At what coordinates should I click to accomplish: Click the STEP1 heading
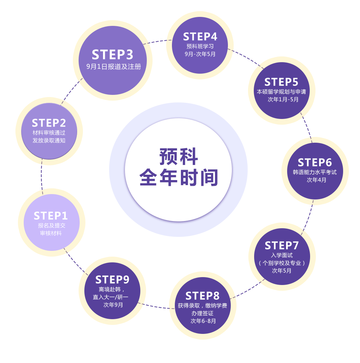coord(51,216)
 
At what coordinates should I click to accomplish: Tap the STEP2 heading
coord(49,123)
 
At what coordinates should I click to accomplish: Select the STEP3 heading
coord(112,55)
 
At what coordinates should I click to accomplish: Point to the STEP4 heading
coord(200,37)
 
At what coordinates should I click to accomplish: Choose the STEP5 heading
coord(281,82)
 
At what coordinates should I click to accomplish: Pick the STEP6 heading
coord(315,162)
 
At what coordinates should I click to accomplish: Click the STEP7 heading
coord(282,245)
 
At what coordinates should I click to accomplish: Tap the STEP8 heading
coord(202,296)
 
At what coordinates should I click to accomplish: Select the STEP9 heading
coord(112,280)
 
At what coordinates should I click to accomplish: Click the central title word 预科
coord(178,157)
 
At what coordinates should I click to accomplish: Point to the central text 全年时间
coord(178,178)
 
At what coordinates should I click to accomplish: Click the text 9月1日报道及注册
coord(113,67)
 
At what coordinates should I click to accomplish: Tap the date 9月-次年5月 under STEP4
coord(200,54)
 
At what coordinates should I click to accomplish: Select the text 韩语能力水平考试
coord(315,172)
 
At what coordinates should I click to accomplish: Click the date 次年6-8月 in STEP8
coord(203,321)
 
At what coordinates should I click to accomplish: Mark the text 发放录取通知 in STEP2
coord(49,140)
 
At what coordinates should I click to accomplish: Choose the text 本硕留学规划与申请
coord(281,92)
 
